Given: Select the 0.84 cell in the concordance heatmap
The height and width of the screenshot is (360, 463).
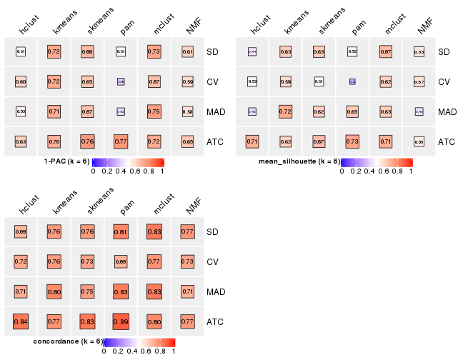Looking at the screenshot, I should point(21,322).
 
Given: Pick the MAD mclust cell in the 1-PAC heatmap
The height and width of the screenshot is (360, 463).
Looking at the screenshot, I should point(153,111).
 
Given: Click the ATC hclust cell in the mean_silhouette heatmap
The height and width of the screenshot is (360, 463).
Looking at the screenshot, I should point(252,141).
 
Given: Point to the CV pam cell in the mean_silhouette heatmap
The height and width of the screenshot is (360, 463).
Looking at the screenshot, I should point(352,81).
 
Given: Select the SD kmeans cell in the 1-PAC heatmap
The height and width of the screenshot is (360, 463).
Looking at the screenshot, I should point(54,51).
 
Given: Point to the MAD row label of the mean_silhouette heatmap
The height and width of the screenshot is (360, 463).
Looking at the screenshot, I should point(447,112).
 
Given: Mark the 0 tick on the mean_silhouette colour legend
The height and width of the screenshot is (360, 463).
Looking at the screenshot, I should point(342,171).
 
